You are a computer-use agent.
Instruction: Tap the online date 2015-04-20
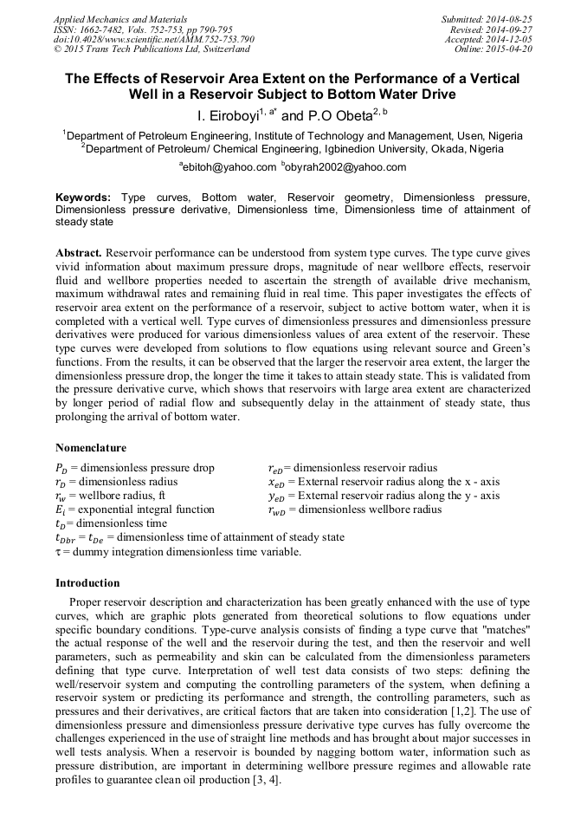point(509,49)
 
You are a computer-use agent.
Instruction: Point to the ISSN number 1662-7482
point(104,29)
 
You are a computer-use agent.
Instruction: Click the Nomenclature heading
point(91,448)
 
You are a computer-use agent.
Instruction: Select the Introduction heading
point(87,582)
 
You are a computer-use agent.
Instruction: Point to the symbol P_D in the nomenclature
point(61,468)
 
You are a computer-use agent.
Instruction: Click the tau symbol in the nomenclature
point(58,551)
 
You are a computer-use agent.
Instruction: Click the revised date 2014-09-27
point(513,29)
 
